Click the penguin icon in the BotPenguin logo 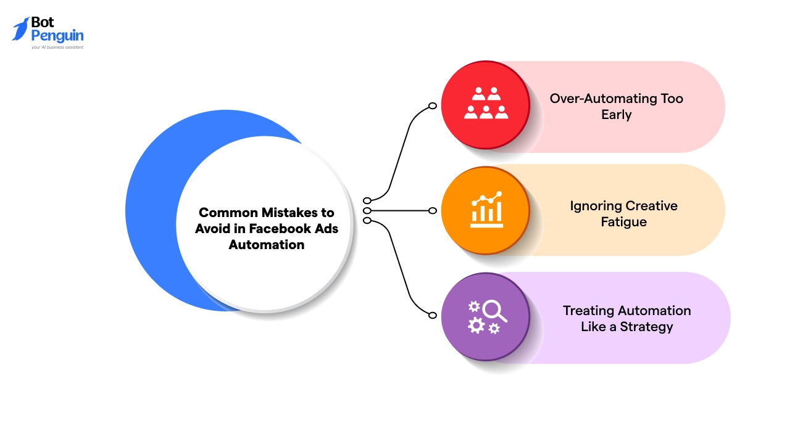20,30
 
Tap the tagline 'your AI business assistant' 57,47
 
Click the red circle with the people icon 486,104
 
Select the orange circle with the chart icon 486,210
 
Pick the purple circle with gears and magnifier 486,317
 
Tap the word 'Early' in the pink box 616,115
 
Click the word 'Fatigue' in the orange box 623,222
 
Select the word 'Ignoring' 595,206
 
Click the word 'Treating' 589,311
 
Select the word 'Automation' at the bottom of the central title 267,244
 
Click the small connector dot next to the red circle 433,106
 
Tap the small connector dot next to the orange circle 433,211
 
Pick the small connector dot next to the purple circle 433,315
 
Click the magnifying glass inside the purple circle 494,310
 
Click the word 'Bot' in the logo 43,23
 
